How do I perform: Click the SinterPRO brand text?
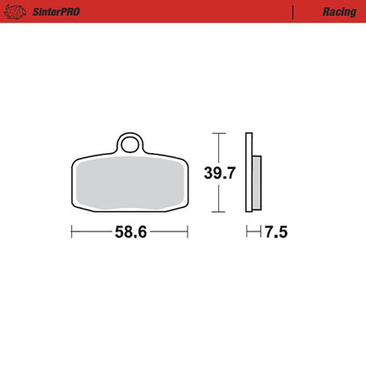click(x=56, y=11)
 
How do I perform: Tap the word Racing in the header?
click(x=340, y=12)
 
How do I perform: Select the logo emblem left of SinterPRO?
click(x=15, y=11)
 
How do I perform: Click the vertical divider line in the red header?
click(x=293, y=12)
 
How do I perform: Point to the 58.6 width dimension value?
click(x=131, y=232)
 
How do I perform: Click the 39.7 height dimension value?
click(x=220, y=172)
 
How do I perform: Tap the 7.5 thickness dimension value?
click(x=276, y=232)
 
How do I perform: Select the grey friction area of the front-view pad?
click(x=130, y=183)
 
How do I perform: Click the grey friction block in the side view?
click(x=257, y=183)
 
